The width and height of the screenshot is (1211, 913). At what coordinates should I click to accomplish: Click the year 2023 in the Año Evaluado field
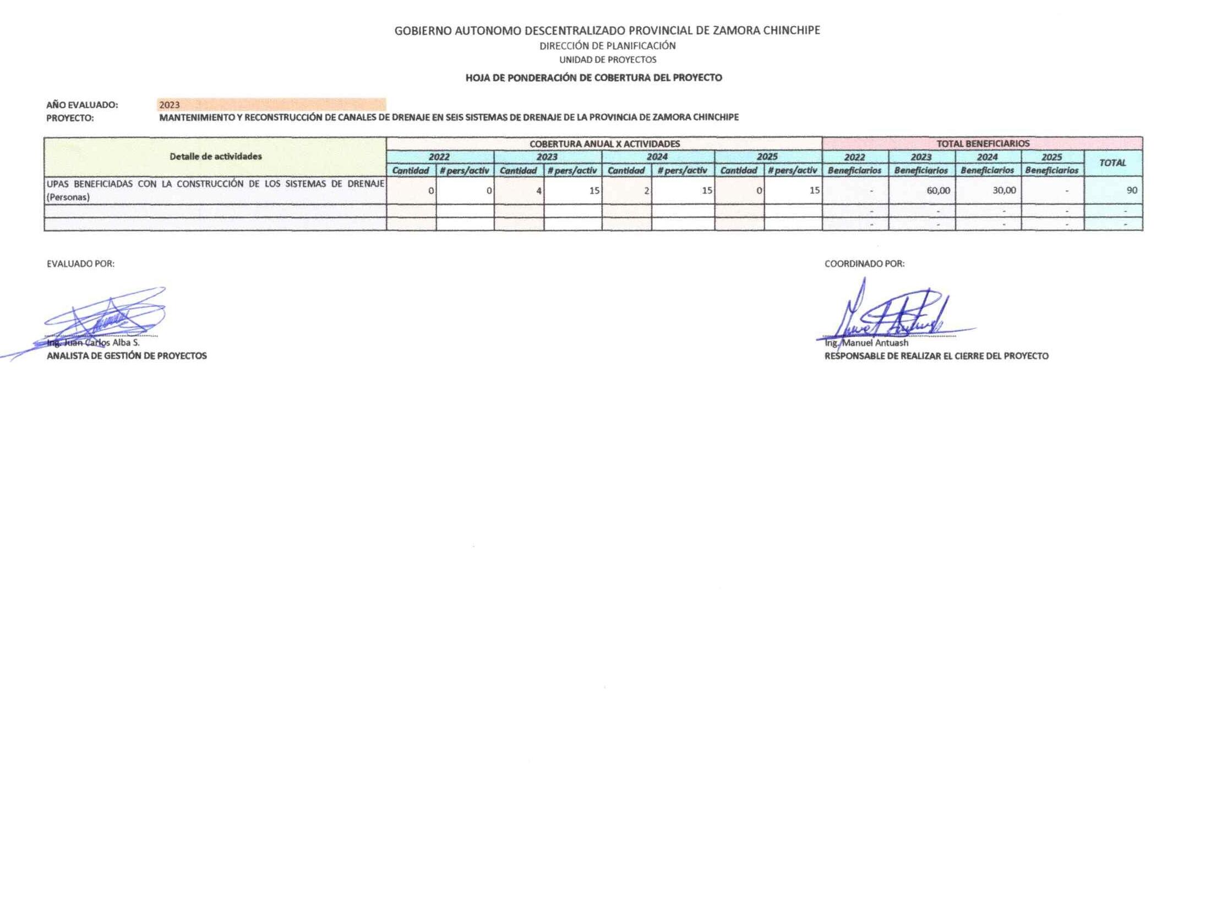(170, 105)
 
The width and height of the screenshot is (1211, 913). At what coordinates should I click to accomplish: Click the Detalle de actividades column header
(215, 156)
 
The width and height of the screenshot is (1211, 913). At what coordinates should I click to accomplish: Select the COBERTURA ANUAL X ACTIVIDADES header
(604, 144)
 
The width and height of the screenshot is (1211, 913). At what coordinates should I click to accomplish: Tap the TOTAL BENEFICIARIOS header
(983, 144)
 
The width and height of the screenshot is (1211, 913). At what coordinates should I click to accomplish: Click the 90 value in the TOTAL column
(1131, 190)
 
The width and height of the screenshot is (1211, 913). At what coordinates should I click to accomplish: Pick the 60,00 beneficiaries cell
(938, 190)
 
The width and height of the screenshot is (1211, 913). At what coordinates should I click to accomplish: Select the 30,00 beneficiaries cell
(1004, 190)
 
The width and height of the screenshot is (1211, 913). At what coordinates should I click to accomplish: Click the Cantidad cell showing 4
(538, 191)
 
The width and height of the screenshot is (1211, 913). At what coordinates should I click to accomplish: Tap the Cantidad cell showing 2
(646, 191)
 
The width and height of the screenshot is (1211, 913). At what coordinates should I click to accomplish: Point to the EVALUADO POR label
(80, 264)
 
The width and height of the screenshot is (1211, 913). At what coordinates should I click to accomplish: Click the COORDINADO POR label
(864, 264)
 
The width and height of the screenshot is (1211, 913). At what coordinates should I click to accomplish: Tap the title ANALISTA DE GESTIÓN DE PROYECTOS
(127, 356)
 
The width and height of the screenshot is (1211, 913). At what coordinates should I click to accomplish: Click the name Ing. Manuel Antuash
(866, 343)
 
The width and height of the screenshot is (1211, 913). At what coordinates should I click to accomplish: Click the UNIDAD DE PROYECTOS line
(608, 59)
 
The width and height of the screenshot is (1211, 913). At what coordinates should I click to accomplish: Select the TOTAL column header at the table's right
(1112, 163)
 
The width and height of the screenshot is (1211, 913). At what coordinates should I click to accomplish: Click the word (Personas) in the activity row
(68, 197)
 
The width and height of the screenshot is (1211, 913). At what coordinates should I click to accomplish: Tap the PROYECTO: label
(70, 118)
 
